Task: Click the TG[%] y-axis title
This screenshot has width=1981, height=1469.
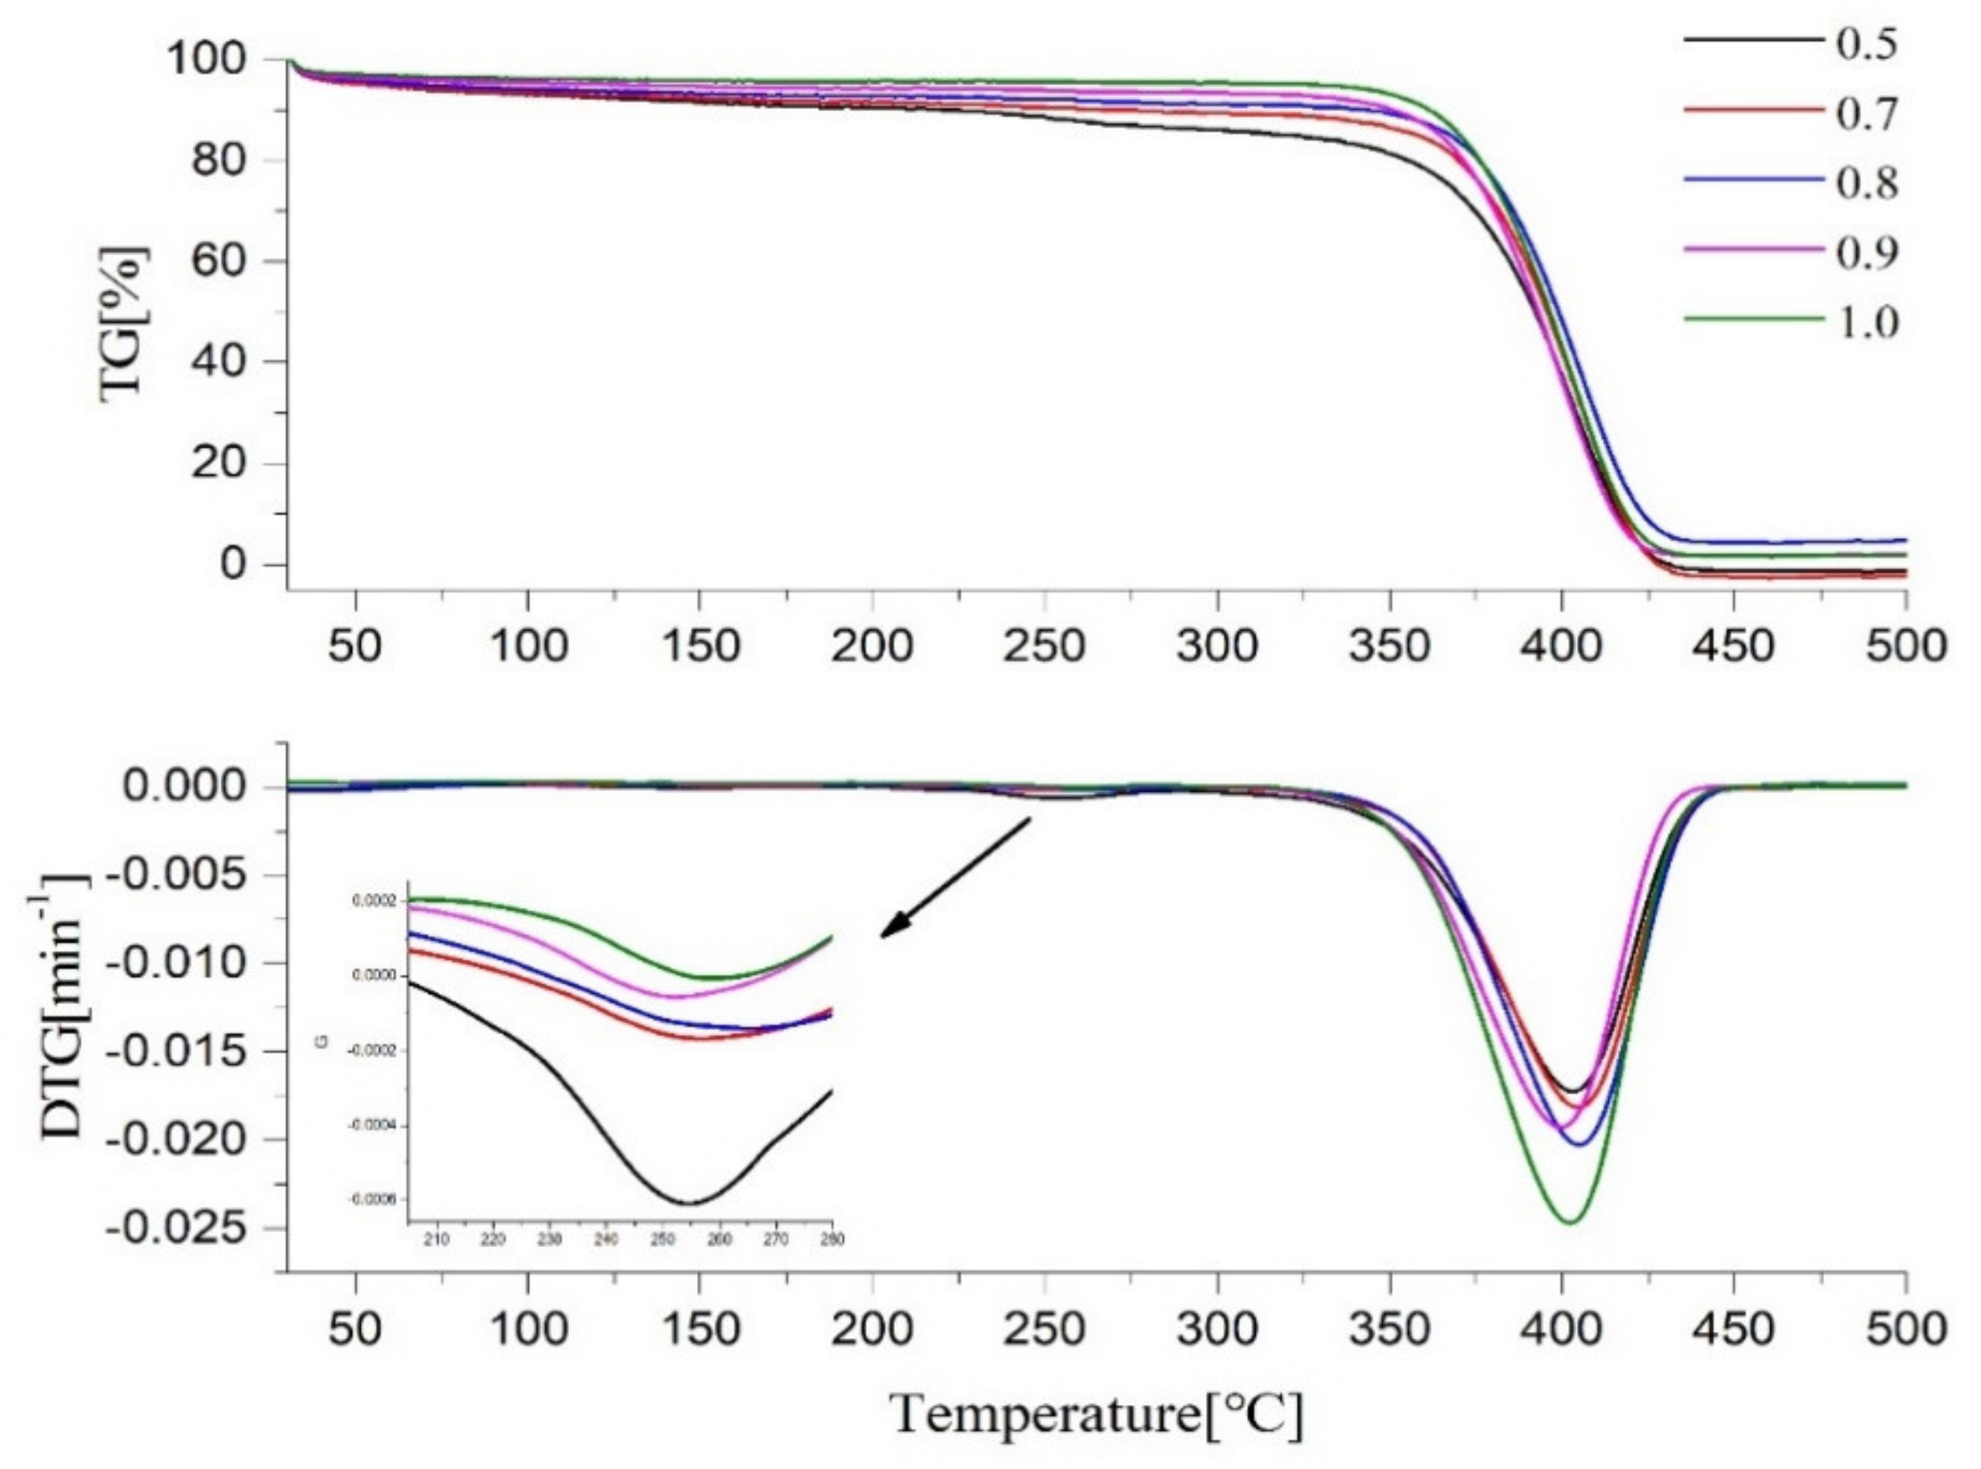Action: click(x=125, y=325)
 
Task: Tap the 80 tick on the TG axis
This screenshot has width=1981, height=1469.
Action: click(x=218, y=161)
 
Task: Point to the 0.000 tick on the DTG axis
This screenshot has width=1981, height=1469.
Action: click(x=183, y=787)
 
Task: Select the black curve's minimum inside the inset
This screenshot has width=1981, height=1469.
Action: click(x=693, y=1203)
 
